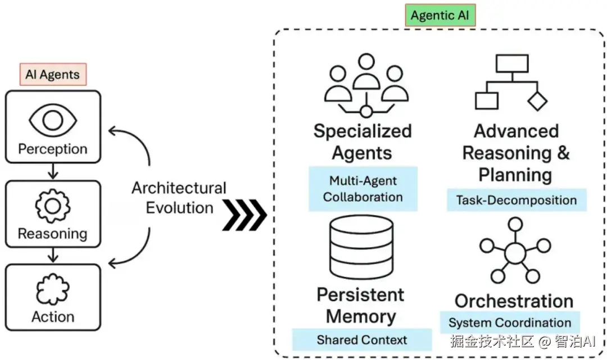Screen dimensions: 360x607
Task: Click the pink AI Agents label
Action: [x=53, y=75]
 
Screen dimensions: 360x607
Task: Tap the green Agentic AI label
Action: [x=440, y=16]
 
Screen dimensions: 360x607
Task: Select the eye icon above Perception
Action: [x=53, y=120]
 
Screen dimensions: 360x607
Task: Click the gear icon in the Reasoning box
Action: [x=53, y=206]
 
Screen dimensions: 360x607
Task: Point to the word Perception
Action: [x=53, y=149]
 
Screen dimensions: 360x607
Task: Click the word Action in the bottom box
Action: [x=53, y=317]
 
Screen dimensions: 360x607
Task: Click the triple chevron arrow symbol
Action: [x=244, y=215]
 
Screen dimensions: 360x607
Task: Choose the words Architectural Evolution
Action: [x=179, y=198]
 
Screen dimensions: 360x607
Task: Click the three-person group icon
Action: [x=366, y=84]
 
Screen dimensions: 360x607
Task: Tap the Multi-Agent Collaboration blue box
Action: [x=363, y=189]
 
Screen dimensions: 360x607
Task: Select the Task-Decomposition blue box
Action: [x=516, y=200]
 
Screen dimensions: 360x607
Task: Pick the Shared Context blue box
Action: [x=361, y=340]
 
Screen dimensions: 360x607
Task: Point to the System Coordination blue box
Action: [x=509, y=323]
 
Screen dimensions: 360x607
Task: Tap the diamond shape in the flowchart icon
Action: [x=537, y=101]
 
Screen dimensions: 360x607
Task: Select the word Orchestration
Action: [x=514, y=301]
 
